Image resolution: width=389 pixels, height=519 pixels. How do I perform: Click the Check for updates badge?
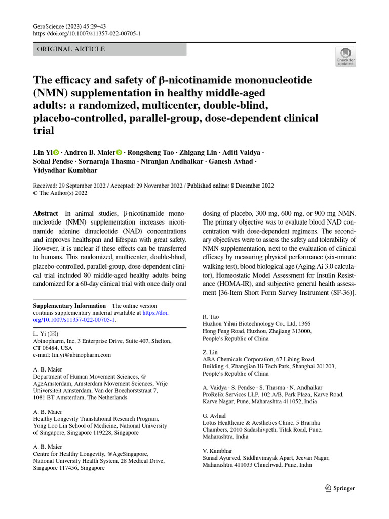(345, 56)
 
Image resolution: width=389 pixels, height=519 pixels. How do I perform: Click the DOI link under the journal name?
(87, 34)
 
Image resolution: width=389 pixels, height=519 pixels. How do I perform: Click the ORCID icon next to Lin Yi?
(56, 152)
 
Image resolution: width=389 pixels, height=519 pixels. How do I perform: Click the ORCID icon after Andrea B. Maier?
(120, 152)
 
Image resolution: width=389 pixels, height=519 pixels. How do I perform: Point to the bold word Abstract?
(46, 214)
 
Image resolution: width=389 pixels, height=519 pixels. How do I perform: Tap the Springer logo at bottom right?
(339, 488)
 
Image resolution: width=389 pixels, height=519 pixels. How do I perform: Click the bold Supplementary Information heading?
(69, 306)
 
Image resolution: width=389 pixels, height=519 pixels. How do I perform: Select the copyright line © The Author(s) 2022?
(60, 193)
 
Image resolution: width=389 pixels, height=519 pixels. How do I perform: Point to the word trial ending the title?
(43, 130)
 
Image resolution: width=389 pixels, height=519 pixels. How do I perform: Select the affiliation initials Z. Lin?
(210, 352)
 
